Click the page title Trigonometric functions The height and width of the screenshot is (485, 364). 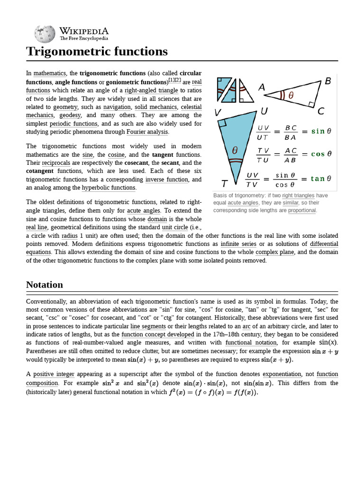(97, 51)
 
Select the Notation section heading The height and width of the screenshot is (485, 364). (45, 285)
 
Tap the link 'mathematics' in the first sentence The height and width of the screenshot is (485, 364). (49, 73)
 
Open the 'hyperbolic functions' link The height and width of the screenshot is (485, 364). (109, 188)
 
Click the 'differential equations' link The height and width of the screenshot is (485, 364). (324, 248)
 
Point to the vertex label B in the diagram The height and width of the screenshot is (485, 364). (328, 81)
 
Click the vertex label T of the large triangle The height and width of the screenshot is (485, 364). (225, 183)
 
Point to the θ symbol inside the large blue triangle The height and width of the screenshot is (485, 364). (235, 151)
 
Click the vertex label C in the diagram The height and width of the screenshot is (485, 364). (321, 112)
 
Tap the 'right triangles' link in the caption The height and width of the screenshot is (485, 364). (298, 195)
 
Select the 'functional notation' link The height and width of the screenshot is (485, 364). (251, 342)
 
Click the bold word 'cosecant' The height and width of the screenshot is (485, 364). (137, 162)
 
